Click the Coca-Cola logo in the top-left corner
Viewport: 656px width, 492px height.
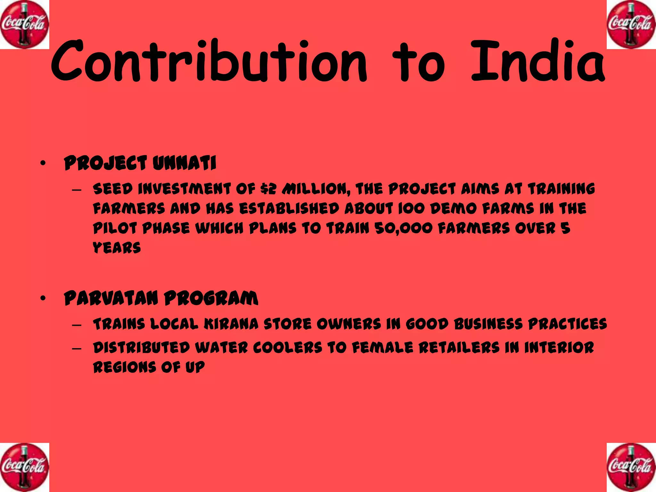(x=25, y=25)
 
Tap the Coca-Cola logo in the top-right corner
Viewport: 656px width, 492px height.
(x=631, y=25)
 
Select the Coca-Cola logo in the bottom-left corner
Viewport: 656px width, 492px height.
(x=25, y=467)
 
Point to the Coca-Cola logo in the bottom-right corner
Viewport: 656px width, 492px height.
(x=631, y=467)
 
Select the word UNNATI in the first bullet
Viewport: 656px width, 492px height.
(x=184, y=163)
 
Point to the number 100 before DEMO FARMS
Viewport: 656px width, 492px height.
(x=411, y=209)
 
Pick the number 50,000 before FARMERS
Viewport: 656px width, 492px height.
(x=403, y=229)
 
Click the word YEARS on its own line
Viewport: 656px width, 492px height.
(x=117, y=248)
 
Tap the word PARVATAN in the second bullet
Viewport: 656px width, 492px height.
(x=111, y=298)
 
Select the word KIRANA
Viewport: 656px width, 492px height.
(x=231, y=324)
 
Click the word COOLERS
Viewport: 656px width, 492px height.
(x=287, y=348)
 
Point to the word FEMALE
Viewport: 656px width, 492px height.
(x=382, y=348)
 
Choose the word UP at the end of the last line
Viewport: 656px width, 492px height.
(x=195, y=367)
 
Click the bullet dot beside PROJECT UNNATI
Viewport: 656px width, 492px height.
(x=43, y=164)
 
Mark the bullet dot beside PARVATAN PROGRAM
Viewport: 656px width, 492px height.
(x=43, y=299)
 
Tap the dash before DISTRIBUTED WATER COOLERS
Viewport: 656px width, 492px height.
(x=77, y=348)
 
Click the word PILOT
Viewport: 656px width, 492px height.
(x=115, y=229)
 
